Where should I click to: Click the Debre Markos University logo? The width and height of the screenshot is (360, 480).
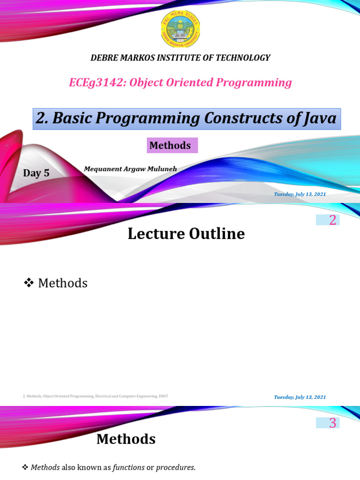180,29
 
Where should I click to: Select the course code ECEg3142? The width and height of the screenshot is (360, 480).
97,83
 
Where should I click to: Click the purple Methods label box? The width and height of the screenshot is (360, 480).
172,145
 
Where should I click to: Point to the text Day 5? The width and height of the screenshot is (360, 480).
36,173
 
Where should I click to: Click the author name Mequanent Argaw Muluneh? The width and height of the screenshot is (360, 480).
130,169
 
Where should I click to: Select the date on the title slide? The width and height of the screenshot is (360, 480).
300,194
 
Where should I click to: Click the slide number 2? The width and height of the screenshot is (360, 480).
332,220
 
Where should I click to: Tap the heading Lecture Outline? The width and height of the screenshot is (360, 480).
186,233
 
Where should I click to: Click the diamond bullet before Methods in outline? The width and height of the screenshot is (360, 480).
29,282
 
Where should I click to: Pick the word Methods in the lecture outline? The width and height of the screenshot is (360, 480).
63,283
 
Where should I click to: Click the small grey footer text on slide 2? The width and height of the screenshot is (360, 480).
95,396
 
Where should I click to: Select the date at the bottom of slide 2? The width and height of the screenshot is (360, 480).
300,397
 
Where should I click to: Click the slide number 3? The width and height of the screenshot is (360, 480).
332,423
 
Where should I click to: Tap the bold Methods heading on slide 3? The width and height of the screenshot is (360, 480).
126,439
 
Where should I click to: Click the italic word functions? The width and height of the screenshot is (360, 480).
128,467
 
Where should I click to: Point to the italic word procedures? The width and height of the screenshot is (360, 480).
175,467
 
